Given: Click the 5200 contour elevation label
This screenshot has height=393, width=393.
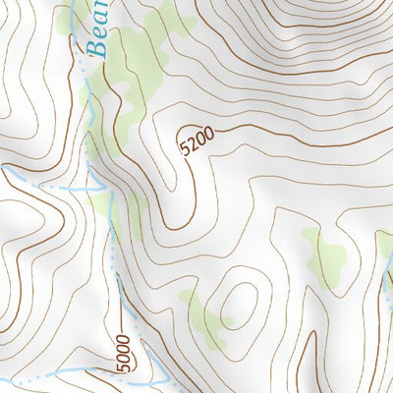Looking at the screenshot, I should pos(196,143).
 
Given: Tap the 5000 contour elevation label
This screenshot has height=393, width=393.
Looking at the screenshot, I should pos(122,353).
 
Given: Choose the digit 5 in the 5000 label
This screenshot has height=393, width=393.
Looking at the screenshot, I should pos(122,366).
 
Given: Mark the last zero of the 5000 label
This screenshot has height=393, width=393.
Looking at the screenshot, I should pos(122,340).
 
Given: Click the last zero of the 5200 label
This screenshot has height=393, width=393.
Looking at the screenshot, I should pos(207,137).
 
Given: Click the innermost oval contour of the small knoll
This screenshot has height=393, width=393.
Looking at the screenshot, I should pos(237,305).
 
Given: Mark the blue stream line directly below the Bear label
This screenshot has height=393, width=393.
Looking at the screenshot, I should pos(85,108).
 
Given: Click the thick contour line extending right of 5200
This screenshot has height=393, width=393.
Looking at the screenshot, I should pos(295,131).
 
